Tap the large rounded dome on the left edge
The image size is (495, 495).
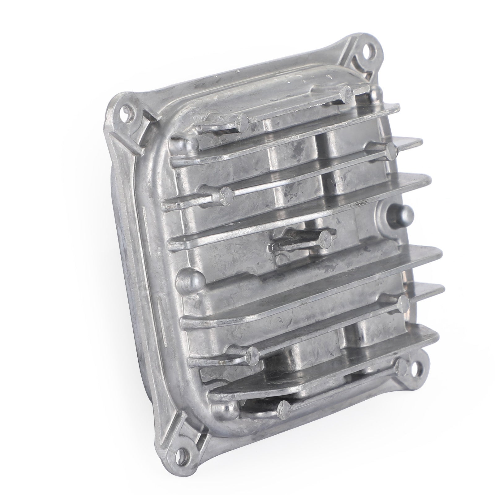(189, 280)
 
